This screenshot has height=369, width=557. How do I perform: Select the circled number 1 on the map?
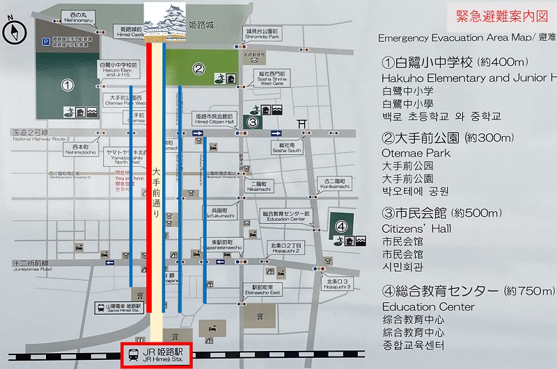tap(68, 85)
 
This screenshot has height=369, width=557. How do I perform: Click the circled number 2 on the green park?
tap(198, 68)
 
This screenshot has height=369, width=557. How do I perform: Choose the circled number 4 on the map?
tap(341, 226)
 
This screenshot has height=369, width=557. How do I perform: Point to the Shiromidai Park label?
tap(262, 34)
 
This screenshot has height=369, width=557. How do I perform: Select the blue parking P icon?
tap(43, 40)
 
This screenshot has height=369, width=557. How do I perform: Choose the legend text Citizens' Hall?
tap(416, 228)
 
